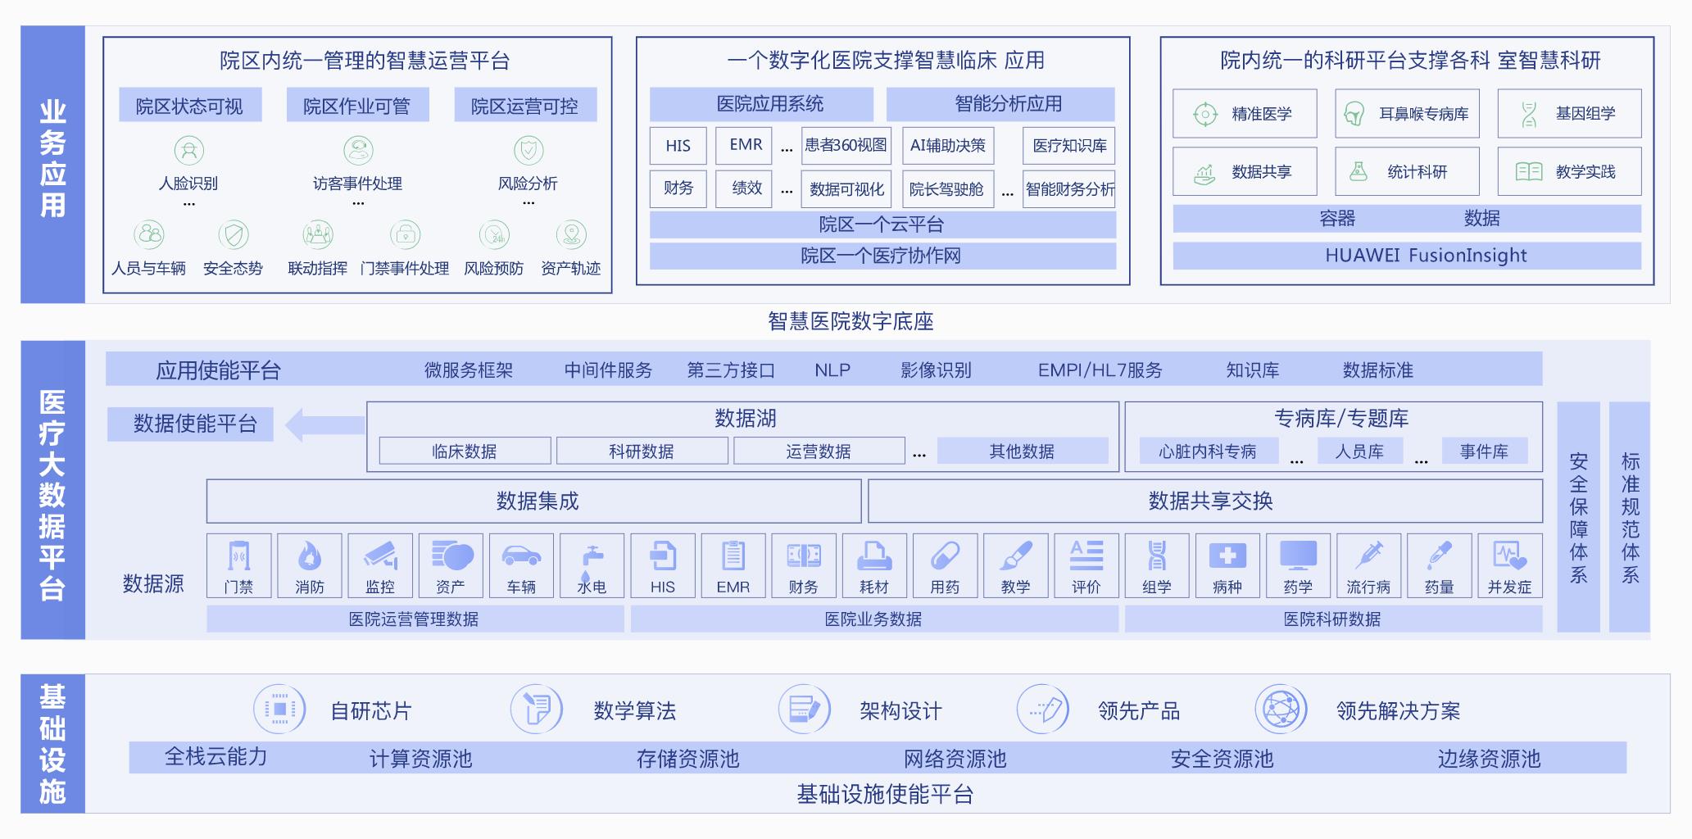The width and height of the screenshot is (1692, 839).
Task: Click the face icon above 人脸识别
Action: click(189, 151)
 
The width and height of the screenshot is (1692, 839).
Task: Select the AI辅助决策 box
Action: click(948, 146)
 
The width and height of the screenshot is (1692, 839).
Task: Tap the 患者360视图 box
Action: click(846, 146)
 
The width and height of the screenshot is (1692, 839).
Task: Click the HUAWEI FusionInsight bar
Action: click(1407, 256)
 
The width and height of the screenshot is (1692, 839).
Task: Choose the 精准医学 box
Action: click(1245, 114)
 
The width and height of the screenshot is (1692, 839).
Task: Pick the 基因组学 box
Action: click(1569, 114)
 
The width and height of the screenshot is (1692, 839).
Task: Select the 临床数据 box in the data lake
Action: click(465, 451)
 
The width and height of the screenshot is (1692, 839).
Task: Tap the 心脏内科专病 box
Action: click(1208, 451)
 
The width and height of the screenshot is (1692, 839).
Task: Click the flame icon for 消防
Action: click(310, 557)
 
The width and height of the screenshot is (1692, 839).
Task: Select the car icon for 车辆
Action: click(521, 556)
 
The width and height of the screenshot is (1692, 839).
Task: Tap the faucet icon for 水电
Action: click(592, 557)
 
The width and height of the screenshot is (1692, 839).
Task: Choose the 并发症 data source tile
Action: click(1509, 566)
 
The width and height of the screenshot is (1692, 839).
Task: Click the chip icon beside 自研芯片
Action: click(279, 709)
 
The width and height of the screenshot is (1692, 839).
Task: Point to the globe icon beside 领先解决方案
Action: click(1281, 709)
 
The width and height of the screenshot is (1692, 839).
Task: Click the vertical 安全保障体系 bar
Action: click(1578, 517)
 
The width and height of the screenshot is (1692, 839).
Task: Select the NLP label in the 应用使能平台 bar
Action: click(832, 370)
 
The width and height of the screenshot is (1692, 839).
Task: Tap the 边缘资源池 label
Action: click(1489, 759)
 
